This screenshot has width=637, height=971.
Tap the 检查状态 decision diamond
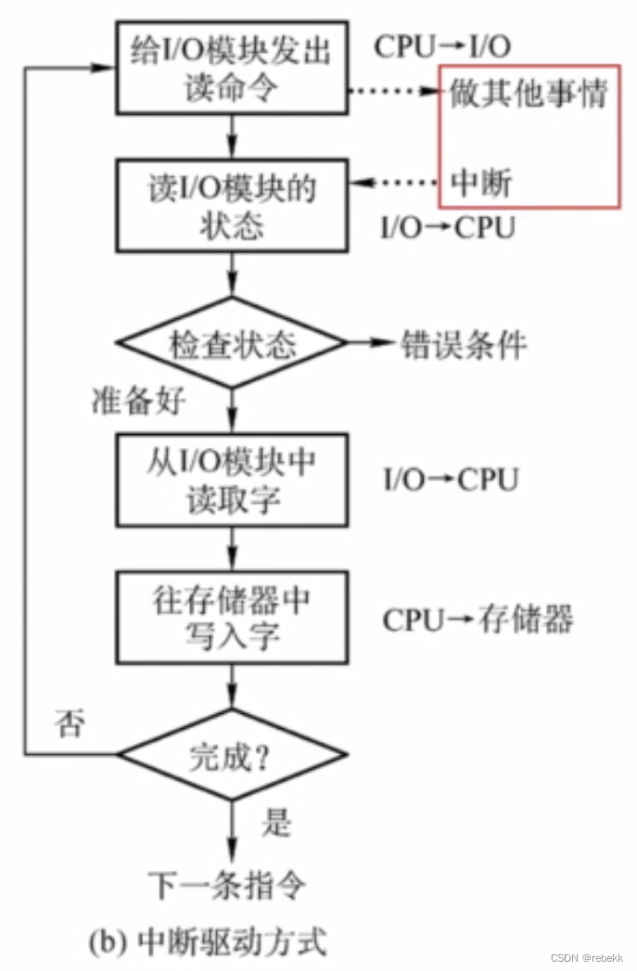pos(231,345)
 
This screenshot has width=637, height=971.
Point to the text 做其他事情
pos(529,94)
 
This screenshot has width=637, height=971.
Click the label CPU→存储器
pos(478,619)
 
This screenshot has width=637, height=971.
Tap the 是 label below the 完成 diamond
pos(276,821)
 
